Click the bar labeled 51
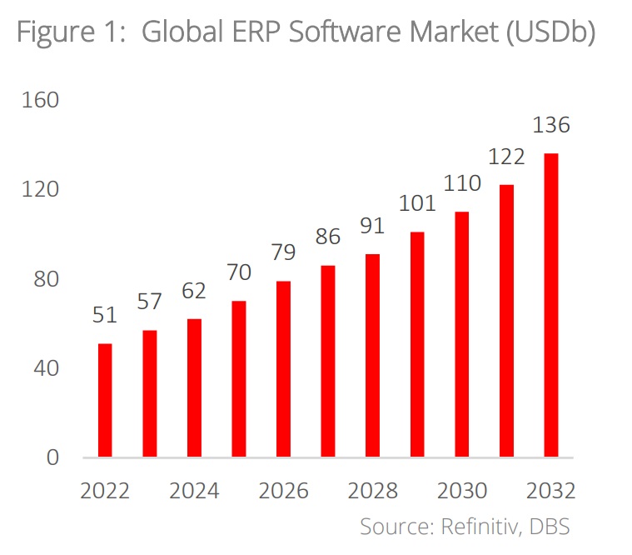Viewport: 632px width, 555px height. pos(105,400)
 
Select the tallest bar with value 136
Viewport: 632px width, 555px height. pos(551,305)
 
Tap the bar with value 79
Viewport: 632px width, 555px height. pos(284,369)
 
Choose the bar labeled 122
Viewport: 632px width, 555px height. pos(506,321)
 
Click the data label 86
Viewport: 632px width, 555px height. pos(328,237)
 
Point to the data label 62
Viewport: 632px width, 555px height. pos(194,291)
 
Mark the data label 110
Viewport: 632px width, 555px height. pos(461,183)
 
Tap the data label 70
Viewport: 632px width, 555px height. pos(239,272)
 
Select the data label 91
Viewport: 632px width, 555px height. pos(372,226)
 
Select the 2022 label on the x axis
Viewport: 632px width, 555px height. pos(105,490)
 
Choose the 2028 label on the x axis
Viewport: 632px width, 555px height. pos(372,490)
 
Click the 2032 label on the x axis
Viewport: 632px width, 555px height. pos(551,490)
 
